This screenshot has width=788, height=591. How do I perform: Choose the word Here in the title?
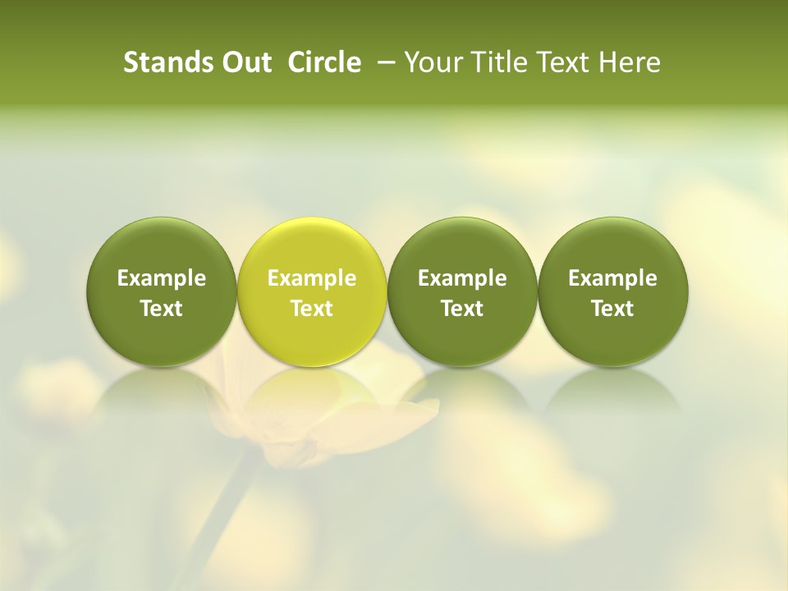click(628, 62)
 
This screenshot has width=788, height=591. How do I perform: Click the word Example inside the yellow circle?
click(312, 278)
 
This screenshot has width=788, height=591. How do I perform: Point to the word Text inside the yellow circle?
click(312, 309)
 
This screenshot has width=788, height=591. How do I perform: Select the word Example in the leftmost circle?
click(161, 278)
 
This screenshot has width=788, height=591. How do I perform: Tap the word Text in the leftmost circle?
click(161, 309)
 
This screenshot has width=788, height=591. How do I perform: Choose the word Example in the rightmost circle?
click(612, 278)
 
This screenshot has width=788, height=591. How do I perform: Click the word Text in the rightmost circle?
click(612, 309)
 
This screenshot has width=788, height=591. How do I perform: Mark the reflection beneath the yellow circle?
click(312, 390)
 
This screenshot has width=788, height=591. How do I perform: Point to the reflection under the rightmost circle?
click(612, 390)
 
